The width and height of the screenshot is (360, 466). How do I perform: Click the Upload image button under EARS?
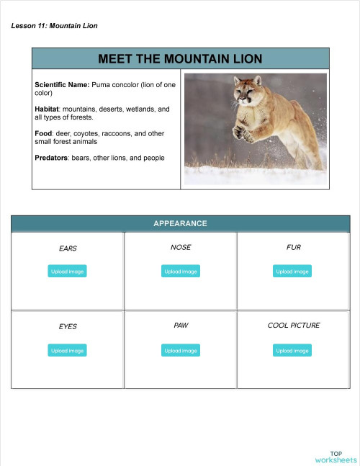point(68,272)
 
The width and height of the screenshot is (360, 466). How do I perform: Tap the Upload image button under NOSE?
point(180,272)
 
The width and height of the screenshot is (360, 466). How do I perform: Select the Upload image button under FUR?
point(292,272)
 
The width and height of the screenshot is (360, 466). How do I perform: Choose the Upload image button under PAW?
point(180,351)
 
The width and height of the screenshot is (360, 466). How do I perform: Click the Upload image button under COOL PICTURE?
point(292,351)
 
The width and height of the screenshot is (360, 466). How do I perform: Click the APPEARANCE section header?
point(180,223)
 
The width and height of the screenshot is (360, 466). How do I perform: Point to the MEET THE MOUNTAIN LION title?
point(180,58)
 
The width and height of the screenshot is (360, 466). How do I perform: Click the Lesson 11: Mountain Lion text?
point(55,26)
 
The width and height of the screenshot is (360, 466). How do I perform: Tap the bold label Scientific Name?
point(62,85)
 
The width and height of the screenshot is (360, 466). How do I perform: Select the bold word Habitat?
point(48,109)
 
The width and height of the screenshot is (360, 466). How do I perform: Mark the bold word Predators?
point(51,158)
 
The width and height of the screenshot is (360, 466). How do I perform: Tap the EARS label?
point(68,248)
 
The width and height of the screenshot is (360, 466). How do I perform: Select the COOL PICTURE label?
point(293,326)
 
